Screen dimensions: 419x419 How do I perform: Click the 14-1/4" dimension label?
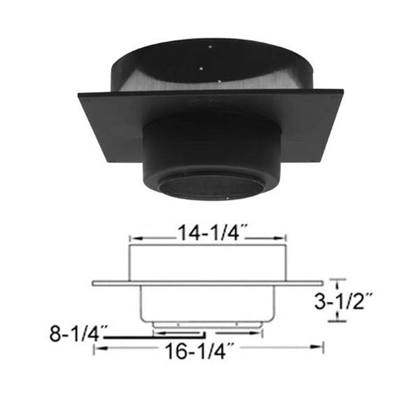210,233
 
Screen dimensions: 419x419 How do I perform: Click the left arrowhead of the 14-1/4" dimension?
132,234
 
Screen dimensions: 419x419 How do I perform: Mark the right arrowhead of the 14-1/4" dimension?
284,234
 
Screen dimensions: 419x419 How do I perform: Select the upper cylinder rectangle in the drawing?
208,262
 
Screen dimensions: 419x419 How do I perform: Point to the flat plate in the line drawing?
208,283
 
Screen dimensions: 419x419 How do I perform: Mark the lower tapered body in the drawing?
208,303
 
